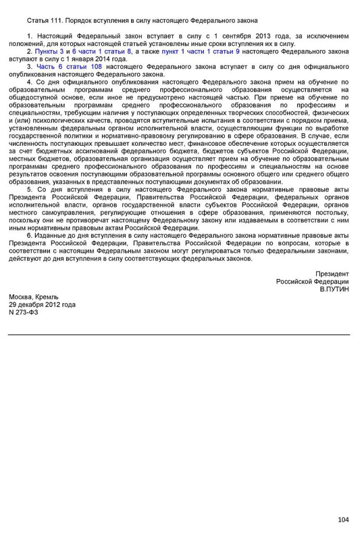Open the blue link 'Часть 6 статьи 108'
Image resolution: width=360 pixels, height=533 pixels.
69,67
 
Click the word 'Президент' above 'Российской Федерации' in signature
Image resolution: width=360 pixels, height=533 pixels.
332,274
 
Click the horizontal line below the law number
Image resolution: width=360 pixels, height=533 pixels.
179,335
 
